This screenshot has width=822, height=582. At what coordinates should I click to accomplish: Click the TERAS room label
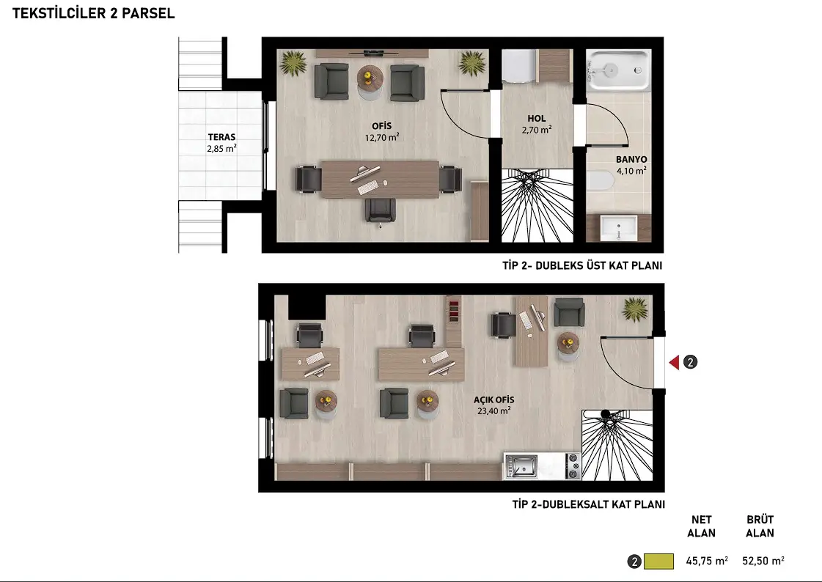click(221, 137)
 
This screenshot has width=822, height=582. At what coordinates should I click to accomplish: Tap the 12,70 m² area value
click(382, 138)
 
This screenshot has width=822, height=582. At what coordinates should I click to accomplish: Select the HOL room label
click(537, 119)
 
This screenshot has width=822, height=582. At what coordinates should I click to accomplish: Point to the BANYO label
click(631, 159)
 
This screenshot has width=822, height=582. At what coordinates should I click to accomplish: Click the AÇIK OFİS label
click(493, 399)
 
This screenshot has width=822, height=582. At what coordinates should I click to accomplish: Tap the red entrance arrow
click(674, 362)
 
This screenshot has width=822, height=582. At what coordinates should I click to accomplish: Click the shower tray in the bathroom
click(619, 70)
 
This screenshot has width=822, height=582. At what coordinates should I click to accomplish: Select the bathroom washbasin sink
click(619, 229)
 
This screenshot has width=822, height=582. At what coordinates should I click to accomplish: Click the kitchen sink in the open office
click(521, 465)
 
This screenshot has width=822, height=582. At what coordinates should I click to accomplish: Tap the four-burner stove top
click(573, 465)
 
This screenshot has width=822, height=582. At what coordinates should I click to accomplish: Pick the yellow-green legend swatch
click(658, 561)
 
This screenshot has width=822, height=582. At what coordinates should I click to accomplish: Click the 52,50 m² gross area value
click(763, 561)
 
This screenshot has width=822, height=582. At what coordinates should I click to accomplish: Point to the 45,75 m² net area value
click(707, 561)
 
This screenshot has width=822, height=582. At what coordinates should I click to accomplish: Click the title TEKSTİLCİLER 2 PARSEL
click(93, 14)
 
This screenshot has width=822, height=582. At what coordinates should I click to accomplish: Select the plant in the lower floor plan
click(635, 309)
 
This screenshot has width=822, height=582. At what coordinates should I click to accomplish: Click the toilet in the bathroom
click(600, 181)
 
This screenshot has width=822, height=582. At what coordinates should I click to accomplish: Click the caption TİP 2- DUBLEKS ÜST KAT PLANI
click(582, 265)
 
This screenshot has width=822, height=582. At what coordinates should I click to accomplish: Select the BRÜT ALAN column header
click(760, 526)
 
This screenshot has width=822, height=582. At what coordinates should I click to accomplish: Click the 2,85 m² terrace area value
click(221, 149)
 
